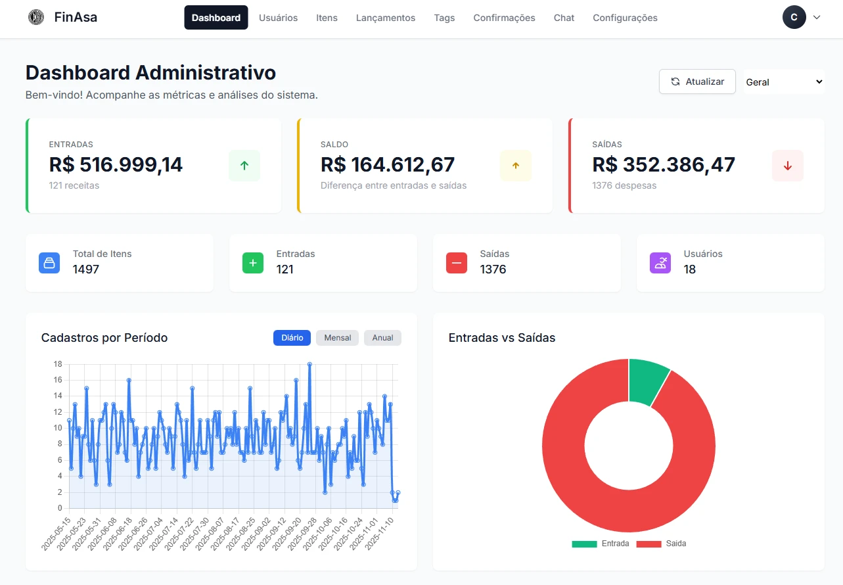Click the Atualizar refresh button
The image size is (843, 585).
pos(697,82)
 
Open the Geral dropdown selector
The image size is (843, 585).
pos(784,82)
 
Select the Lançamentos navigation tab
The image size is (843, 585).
pos(386,18)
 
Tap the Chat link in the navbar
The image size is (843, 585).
pos(564,18)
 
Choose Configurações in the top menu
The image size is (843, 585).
pos(625,18)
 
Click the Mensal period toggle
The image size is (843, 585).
pos(337,338)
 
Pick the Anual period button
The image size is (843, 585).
pos(382,338)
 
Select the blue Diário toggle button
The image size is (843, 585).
pos(292,338)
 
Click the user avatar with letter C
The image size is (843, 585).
pos(794,17)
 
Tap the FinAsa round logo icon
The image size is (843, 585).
pos(36,17)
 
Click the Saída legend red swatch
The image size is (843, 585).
pos(649,544)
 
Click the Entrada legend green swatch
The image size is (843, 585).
pos(584,544)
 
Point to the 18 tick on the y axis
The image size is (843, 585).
pos(58,364)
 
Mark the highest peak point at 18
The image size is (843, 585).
pos(309,364)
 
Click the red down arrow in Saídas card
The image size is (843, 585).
pos(787,166)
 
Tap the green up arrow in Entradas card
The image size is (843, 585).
pos(244,166)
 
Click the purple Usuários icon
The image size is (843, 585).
pos(660,263)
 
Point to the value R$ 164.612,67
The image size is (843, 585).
pos(387,165)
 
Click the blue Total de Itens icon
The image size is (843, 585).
pos(49,263)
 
